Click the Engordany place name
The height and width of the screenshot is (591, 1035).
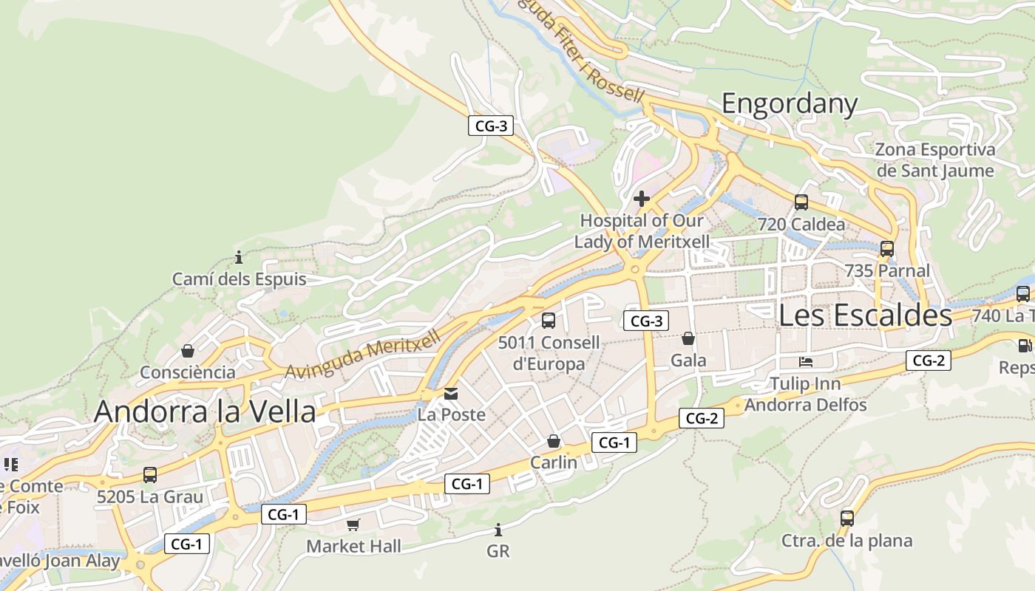(x=789, y=104)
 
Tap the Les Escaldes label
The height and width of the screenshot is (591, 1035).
(x=865, y=315)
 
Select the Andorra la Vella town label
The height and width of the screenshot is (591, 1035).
(x=205, y=411)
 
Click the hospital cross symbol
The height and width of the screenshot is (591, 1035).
(x=641, y=199)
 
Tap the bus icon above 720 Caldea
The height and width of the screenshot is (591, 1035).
(x=801, y=202)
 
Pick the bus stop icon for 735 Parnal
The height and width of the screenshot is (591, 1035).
(x=886, y=249)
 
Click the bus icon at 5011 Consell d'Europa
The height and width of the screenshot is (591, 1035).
(x=548, y=320)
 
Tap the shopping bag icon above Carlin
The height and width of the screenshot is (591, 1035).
(x=553, y=441)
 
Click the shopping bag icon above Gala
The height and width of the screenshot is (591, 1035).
(x=688, y=338)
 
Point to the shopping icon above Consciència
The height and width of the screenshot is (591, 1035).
(x=188, y=350)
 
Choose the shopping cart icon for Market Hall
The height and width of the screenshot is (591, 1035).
(x=353, y=525)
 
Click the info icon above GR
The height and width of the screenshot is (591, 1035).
(x=498, y=530)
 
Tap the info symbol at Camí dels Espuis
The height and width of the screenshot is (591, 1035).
(x=239, y=257)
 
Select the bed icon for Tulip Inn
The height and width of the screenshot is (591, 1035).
(x=805, y=362)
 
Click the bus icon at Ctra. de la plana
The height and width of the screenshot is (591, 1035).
(x=846, y=519)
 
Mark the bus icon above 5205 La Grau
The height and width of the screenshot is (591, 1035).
(x=149, y=474)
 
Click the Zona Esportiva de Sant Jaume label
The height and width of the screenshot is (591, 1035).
(x=934, y=160)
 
